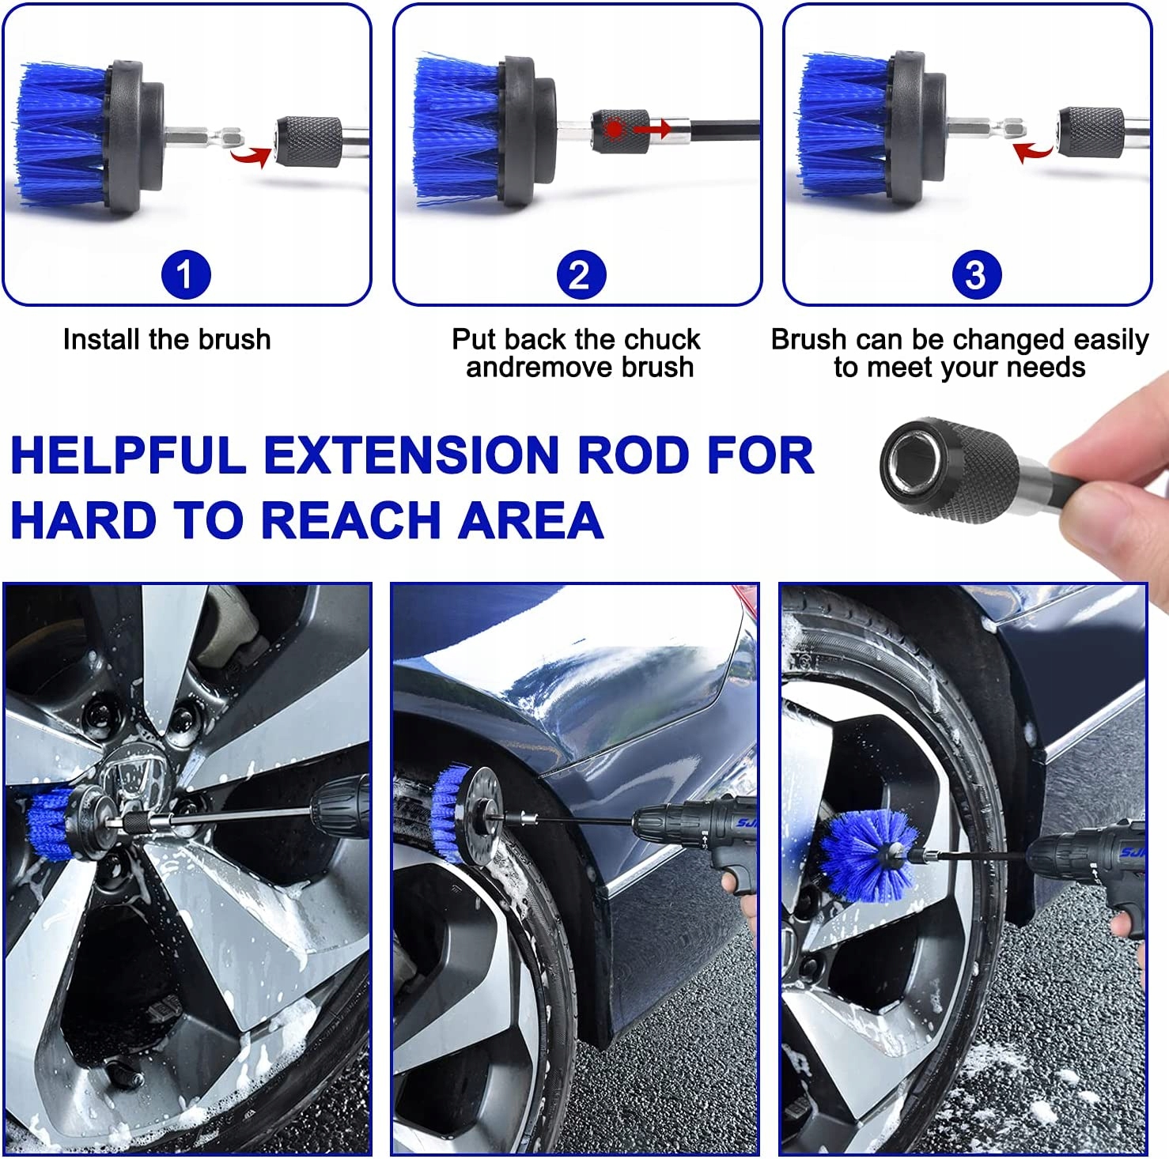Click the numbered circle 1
click(186, 275)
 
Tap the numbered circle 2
click(580, 275)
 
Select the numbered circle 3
click(975, 275)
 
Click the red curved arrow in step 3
click(1032, 150)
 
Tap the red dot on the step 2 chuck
click(615, 128)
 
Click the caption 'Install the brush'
click(167, 339)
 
